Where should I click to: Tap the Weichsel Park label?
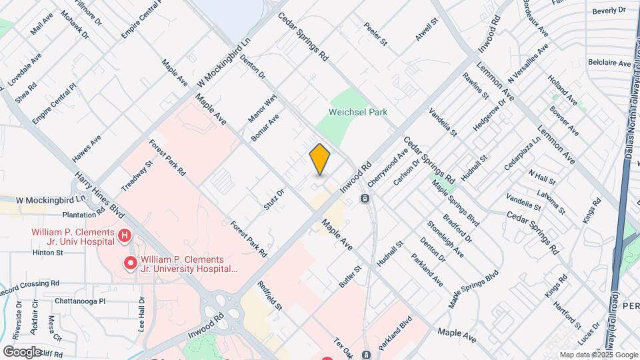pos(358,113)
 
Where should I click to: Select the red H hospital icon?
pos(124,235)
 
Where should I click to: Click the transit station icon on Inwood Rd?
pos(365,198)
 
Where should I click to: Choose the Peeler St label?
pos(375,35)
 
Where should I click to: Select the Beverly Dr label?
pos(609,11)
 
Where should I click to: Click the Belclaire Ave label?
pos(609,63)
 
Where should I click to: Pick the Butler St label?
pos(350,276)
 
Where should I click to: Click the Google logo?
pos(21,351)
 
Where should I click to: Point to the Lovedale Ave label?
pos(23,69)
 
